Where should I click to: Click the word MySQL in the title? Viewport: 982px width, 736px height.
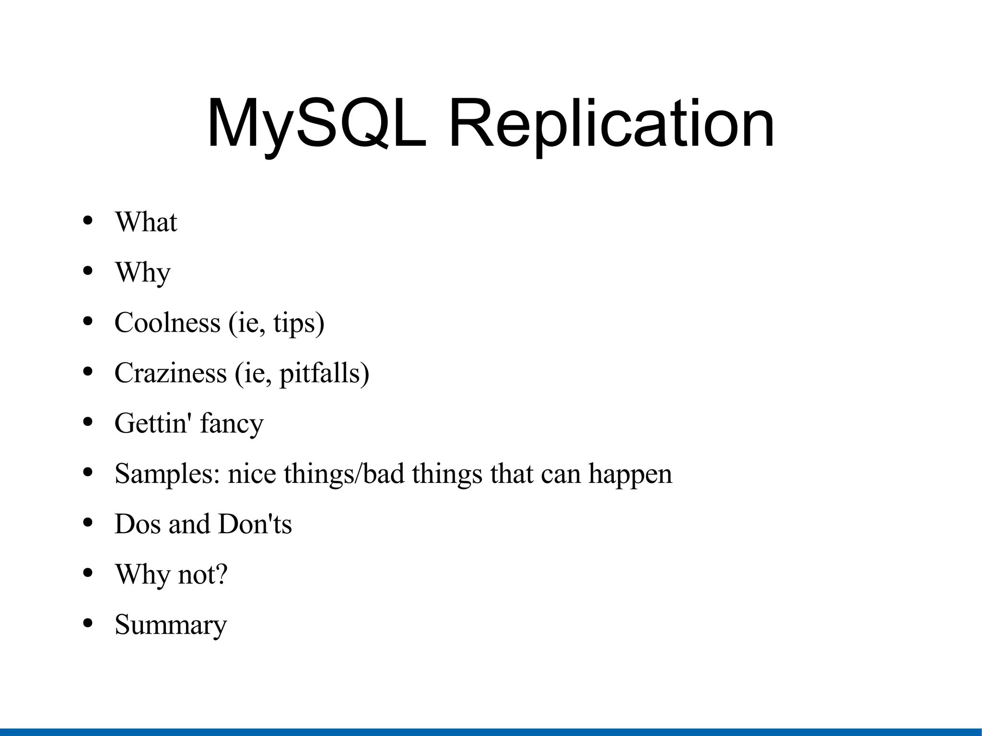[316, 124]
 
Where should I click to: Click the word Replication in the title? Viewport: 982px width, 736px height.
[611, 124]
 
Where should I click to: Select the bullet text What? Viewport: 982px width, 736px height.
[146, 222]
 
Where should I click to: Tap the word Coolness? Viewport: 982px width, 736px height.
[167, 323]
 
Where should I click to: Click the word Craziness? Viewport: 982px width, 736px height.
[171, 373]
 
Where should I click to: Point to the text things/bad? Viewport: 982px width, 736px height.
[344, 474]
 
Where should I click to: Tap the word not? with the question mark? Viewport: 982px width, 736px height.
[202, 574]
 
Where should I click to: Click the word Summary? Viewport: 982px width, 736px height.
[171, 625]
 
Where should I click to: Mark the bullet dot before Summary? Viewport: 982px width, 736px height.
[87, 623]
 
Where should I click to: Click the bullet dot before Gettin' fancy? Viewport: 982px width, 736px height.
[87, 422]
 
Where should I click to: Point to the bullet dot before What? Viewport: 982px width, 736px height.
[87, 221]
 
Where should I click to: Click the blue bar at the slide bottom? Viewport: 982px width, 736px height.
[491, 732]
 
